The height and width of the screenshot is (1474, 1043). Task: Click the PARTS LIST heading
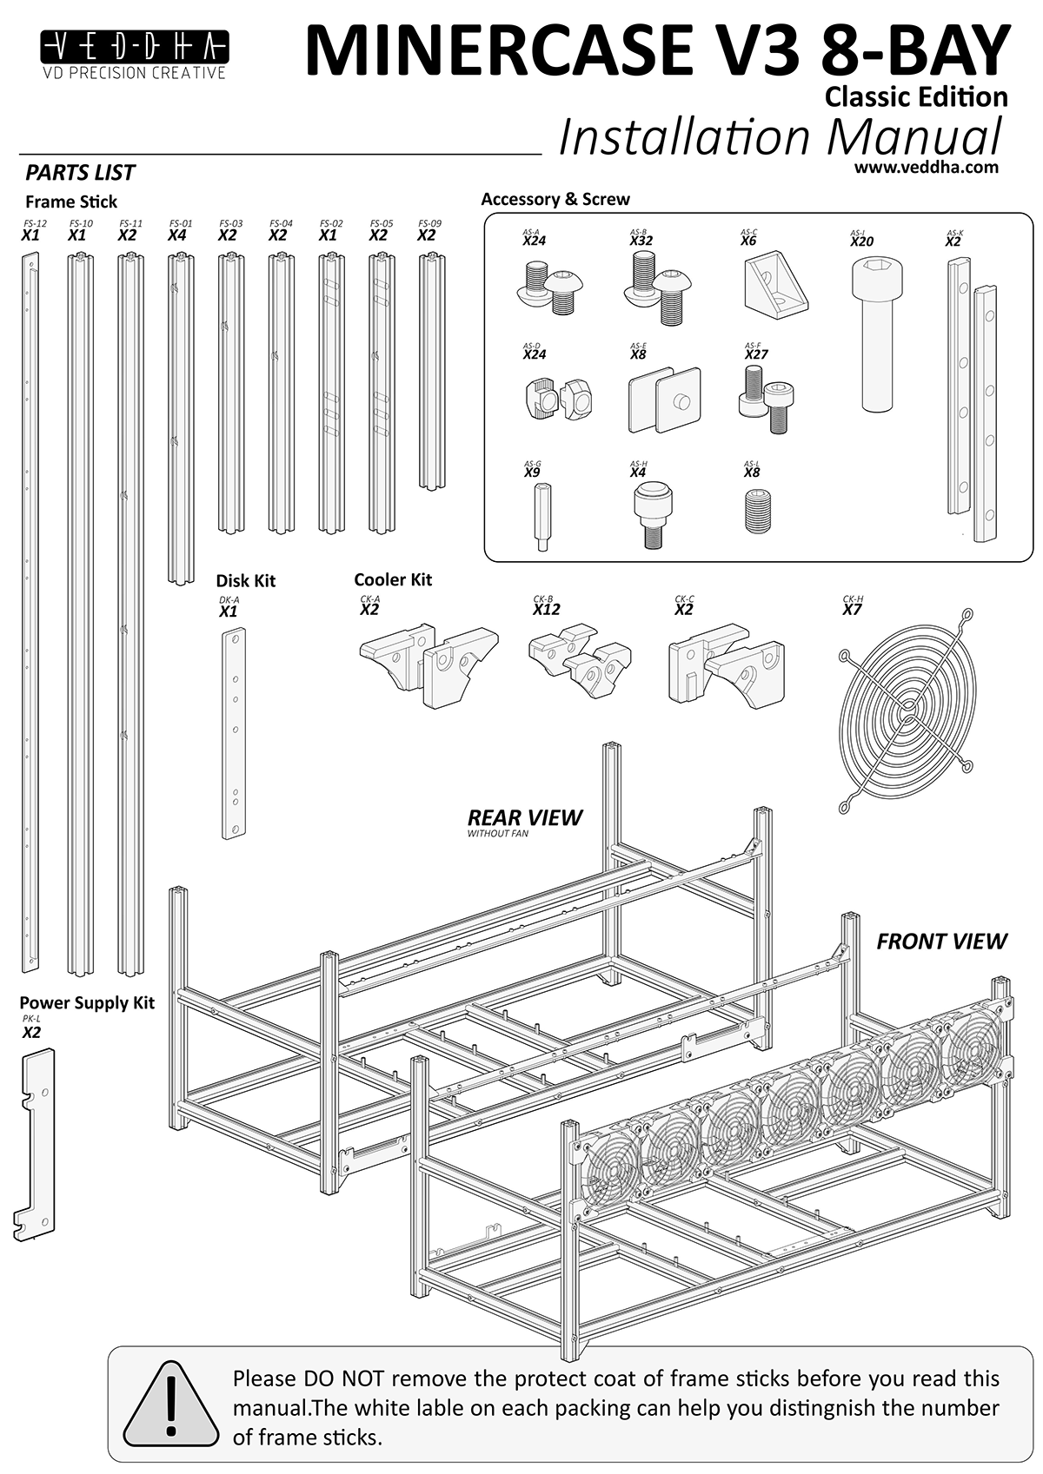[80, 172]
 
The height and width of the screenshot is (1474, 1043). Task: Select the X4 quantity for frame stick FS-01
[177, 235]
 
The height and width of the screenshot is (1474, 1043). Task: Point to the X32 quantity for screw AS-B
[641, 241]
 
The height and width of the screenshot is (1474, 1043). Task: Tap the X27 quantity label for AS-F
[756, 354]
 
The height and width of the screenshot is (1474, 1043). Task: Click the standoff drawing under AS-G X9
[537, 516]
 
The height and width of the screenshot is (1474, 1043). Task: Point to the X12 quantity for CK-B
[546, 610]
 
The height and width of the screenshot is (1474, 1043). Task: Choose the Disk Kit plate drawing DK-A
[233, 732]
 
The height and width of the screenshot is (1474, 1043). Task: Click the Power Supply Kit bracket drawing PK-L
[35, 1142]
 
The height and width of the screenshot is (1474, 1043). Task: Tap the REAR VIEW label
[524, 817]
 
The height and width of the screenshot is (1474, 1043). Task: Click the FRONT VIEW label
[940, 941]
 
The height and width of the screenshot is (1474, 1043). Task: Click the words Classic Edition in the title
[916, 96]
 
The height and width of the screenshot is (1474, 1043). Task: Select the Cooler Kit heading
[392, 579]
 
